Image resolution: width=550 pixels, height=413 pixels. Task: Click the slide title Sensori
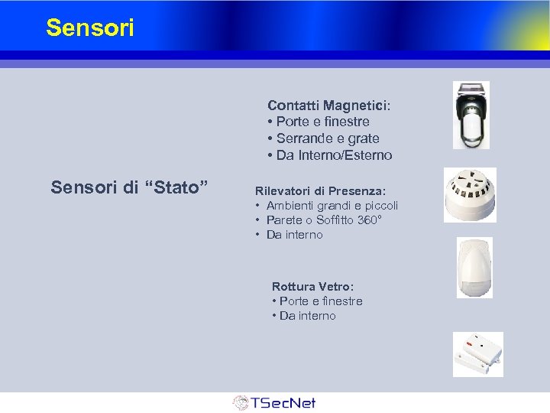pyautogui.click(x=89, y=28)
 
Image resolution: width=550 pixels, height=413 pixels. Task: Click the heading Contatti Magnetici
pyautogui.click(x=328, y=105)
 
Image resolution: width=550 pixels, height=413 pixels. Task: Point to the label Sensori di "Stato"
pyautogui.click(x=129, y=187)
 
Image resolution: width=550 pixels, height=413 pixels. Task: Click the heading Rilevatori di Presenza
pyautogui.click(x=320, y=190)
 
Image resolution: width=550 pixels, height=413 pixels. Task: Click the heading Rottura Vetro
pyautogui.click(x=312, y=287)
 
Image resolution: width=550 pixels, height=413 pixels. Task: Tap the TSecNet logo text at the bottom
pyautogui.click(x=283, y=402)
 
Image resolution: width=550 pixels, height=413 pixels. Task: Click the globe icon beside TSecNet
pyautogui.click(x=241, y=403)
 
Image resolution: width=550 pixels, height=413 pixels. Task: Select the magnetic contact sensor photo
pyautogui.click(x=471, y=115)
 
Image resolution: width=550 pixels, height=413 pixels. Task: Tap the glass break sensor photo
pyautogui.click(x=477, y=354)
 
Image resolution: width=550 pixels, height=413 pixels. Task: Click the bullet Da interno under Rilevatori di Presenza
pyautogui.click(x=294, y=235)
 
